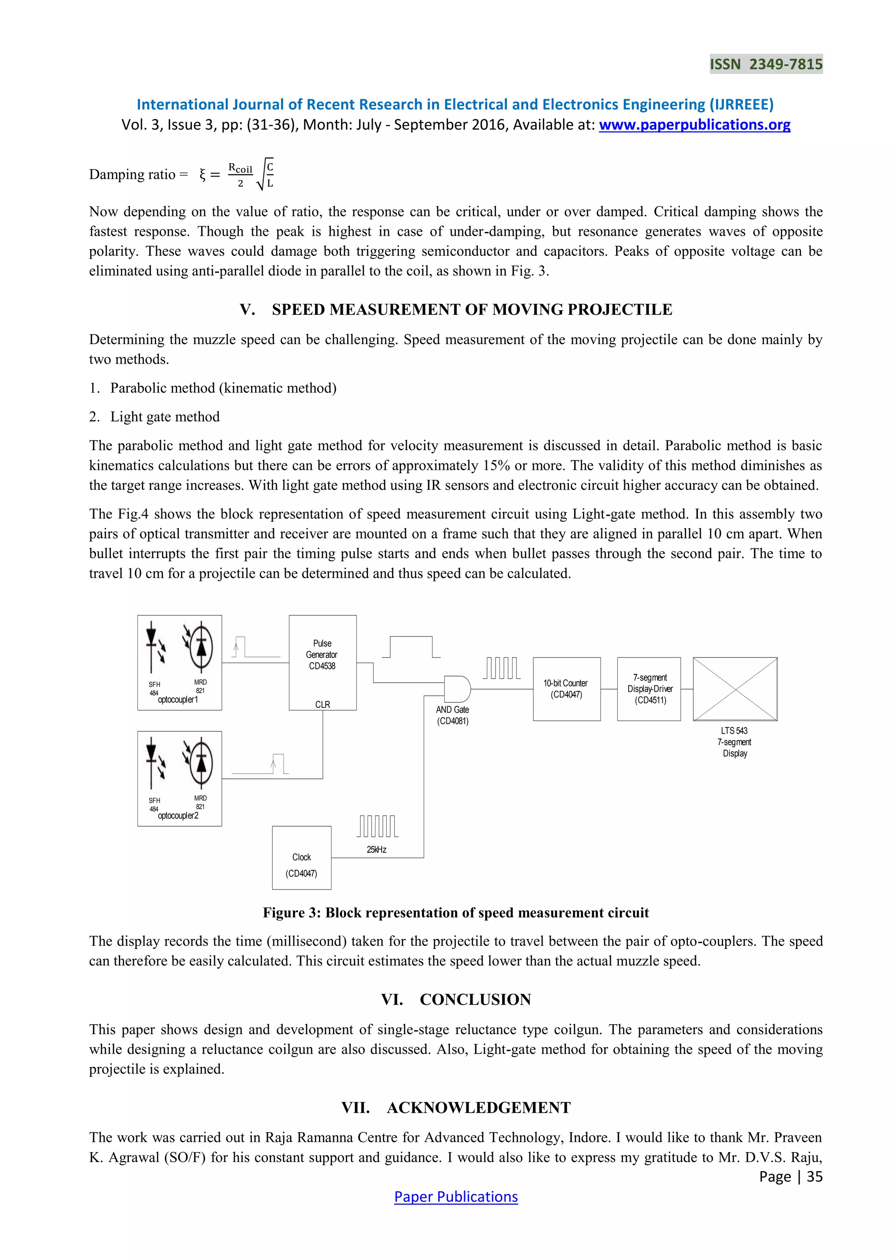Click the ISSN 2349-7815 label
[x=766, y=64]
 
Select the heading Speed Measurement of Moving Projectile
[x=456, y=309]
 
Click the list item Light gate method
[x=164, y=416]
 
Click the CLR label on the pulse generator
[x=323, y=704]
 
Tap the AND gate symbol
[x=456, y=689]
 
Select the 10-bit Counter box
[x=566, y=689]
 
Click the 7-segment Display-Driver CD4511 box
[x=649, y=689]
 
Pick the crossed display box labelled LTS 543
[x=735, y=689]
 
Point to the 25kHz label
[x=376, y=849]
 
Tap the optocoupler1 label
[x=178, y=700]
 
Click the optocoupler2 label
[x=178, y=815]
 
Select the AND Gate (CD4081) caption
[x=452, y=715]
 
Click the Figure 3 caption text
[x=456, y=913]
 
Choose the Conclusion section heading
[x=456, y=999]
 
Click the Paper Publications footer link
[x=456, y=1197]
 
